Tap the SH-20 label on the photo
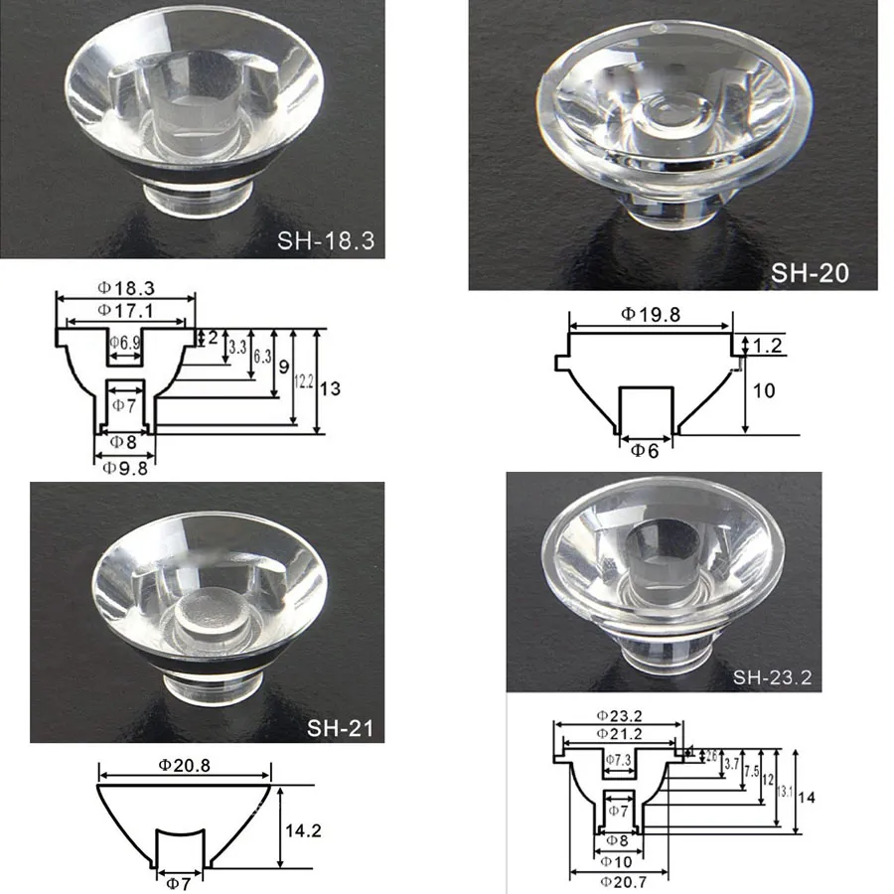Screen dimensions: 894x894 pyautogui.click(x=810, y=273)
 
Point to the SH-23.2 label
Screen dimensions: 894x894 pyautogui.click(x=773, y=678)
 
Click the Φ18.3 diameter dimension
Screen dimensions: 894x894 pyautogui.click(x=125, y=287)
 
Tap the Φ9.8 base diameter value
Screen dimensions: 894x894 pyautogui.click(x=125, y=470)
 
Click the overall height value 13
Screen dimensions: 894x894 pyautogui.click(x=331, y=388)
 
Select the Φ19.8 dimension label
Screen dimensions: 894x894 pyautogui.click(x=650, y=314)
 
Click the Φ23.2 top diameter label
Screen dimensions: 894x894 pyautogui.click(x=620, y=715)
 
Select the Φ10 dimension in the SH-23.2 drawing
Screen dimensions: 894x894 pyautogui.click(x=617, y=860)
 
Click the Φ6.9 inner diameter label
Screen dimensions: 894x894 pyautogui.click(x=125, y=343)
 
